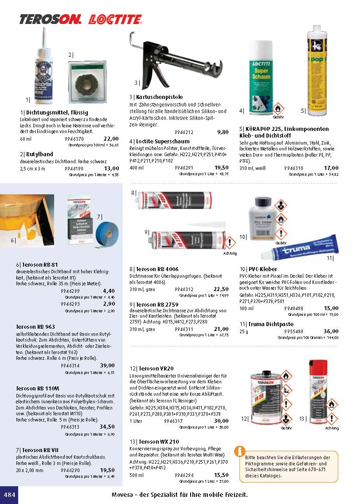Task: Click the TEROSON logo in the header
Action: [x=50, y=19]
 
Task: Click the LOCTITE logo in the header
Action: [x=115, y=19]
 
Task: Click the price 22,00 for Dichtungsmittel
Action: [x=111, y=138]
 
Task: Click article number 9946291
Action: [x=184, y=168]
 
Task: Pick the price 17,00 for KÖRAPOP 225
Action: [x=331, y=168]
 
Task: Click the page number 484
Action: [x=9, y=494]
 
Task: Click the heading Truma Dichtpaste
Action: [x=261, y=324]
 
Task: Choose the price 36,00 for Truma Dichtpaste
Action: [x=331, y=331]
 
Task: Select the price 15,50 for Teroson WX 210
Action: [x=221, y=475]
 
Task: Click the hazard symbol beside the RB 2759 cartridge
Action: [x=230, y=243]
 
